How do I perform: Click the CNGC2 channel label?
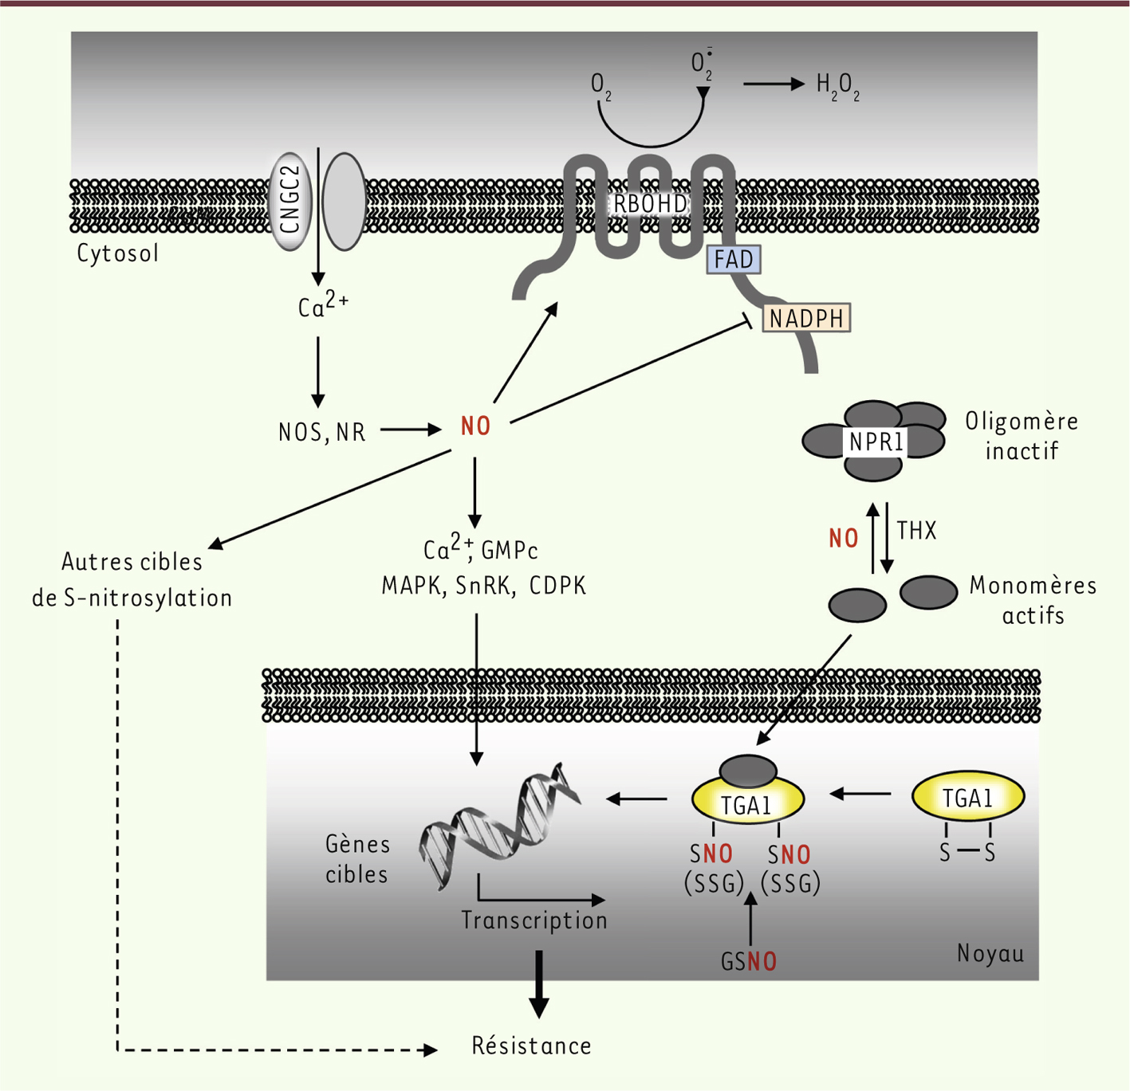click(x=290, y=200)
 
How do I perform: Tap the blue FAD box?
click(x=734, y=260)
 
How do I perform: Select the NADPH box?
click(x=806, y=318)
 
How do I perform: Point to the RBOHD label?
click(x=650, y=204)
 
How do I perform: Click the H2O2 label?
click(x=838, y=87)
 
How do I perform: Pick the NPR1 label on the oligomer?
click(x=876, y=442)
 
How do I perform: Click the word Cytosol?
click(x=117, y=253)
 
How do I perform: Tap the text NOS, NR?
click(x=321, y=433)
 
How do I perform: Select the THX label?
click(x=916, y=531)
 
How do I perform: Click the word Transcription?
click(x=534, y=920)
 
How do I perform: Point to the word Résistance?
click(x=531, y=1045)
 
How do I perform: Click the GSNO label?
click(x=749, y=962)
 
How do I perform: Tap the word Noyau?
click(x=990, y=953)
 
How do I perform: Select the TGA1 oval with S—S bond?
click(x=968, y=797)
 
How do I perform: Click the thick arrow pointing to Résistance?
click(x=539, y=985)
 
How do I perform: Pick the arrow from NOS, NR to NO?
click(x=411, y=430)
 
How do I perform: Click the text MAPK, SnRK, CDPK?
click(x=484, y=586)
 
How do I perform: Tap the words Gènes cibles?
click(x=357, y=859)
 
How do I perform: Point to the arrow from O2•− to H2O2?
click(x=774, y=84)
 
